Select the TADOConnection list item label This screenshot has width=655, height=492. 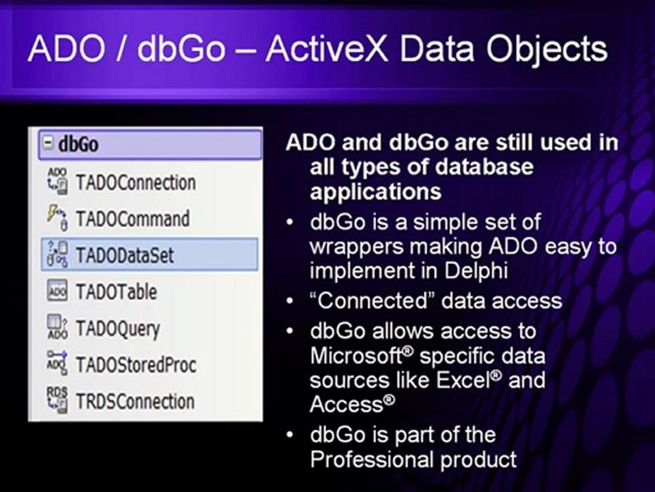136,183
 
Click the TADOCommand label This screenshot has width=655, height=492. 132,219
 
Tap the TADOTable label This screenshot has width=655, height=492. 116,292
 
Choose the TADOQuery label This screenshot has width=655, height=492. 117,329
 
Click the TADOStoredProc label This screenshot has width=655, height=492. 136,365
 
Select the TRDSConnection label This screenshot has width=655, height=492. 135,401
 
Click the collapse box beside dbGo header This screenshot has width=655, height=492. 48,144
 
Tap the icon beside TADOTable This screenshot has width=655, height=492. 57,292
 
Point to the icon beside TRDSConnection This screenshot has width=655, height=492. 57,400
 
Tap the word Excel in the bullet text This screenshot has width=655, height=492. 464,379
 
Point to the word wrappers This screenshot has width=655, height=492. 353,246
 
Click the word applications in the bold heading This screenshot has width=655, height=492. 375,191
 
